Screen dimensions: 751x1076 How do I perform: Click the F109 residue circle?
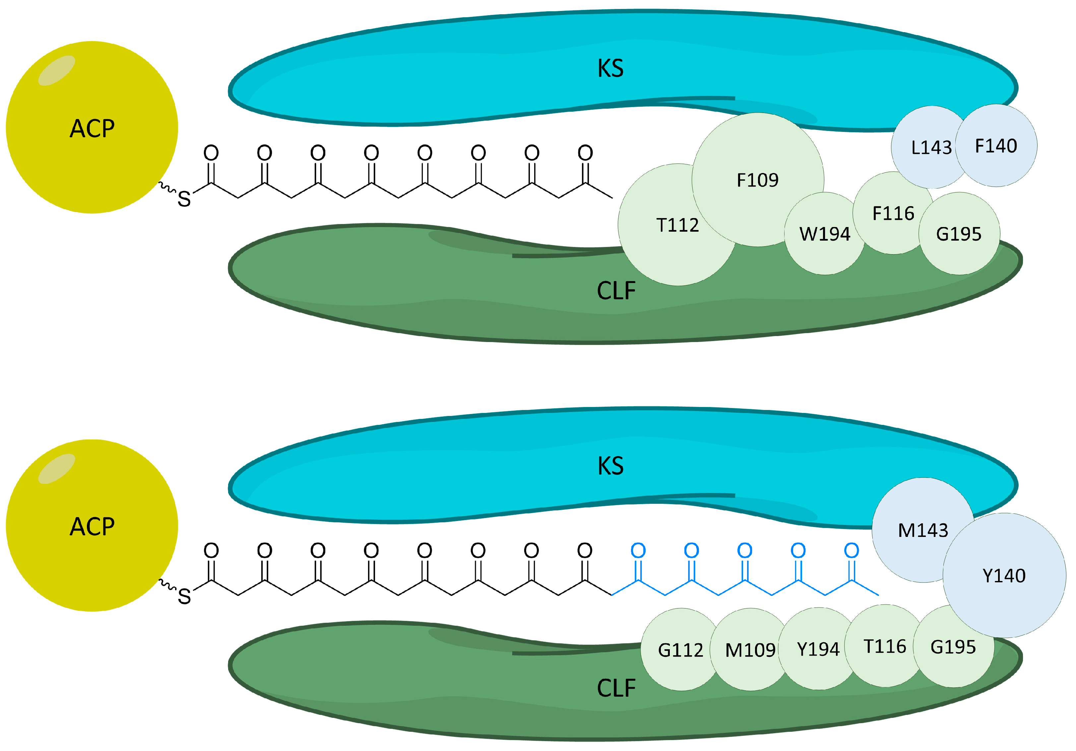click(x=757, y=180)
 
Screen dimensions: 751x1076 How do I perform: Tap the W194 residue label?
click(x=824, y=234)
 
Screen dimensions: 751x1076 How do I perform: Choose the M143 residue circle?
click(x=922, y=530)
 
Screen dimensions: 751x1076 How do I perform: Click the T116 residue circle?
click(x=885, y=647)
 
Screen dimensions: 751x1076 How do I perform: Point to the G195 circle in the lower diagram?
click(x=953, y=647)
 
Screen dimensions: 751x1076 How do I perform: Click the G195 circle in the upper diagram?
click(x=959, y=234)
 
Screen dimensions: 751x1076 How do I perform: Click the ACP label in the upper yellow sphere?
click(x=92, y=128)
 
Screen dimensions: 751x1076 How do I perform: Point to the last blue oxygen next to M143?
click(x=852, y=550)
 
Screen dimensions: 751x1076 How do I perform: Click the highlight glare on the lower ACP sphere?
click(x=57, y=469)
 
